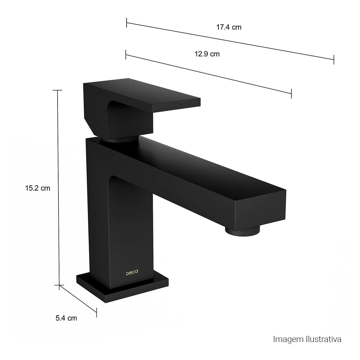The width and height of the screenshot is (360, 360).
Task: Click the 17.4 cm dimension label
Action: coord(229,27)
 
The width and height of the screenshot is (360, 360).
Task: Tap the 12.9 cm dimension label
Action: coord(207,54)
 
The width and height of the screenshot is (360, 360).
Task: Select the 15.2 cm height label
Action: coord(38,188)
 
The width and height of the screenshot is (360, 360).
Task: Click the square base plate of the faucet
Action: coord(122,291)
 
